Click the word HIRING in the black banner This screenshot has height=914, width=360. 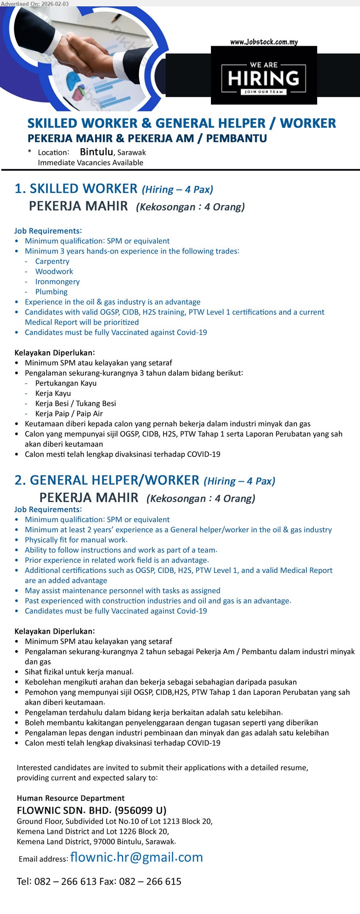(263, 78)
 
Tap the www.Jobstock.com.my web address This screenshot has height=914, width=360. (264, 42)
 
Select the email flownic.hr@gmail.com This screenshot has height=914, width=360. (136, 857)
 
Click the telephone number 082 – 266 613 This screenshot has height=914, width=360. (66, 881)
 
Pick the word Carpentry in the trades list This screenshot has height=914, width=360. (52, 261)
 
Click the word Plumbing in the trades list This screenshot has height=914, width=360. (51, 292)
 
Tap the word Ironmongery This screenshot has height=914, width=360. (57, 282)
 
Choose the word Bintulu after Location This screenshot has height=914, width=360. (96, 152)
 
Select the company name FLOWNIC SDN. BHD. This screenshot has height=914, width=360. (64, 811)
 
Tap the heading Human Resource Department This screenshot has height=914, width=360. (71, 798)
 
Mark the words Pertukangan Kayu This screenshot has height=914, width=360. (66, 383)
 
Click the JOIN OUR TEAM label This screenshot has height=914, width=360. (263, 91)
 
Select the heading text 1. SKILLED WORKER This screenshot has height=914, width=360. (76, 189)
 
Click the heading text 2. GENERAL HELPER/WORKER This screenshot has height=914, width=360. (107, 480)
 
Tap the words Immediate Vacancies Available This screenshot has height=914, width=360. (91, 163)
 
